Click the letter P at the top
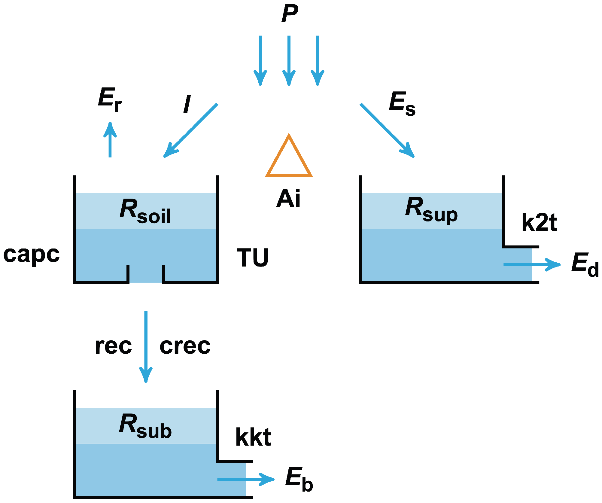290,14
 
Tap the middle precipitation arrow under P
289,60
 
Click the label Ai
288,198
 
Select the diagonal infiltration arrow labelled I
191,130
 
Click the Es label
402,103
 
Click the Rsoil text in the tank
145,212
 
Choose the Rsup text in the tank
431,210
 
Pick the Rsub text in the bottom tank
145,427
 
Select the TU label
252,258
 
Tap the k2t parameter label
539,222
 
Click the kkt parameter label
253,437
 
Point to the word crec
185,346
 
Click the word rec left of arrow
113,346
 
